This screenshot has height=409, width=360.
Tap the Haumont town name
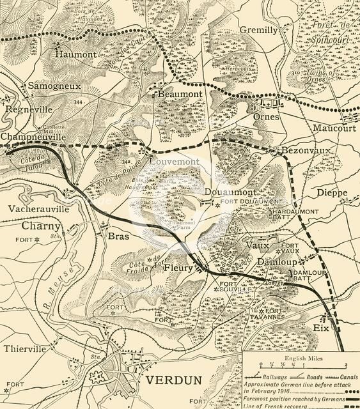point(75,55)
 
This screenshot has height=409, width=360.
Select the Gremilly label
point(259,30)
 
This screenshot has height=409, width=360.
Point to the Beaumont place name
point(180,94)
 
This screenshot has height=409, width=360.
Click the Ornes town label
point(265,118)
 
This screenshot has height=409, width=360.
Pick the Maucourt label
point(334,127)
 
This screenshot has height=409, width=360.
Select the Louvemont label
point(174,162)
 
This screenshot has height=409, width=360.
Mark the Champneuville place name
point(33,137)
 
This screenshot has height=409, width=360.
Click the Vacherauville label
point(38,209)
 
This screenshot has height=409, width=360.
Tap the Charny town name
point(41,226)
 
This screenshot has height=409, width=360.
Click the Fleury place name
point(178,268)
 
